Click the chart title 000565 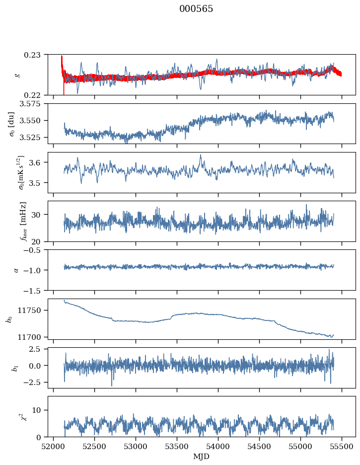(x=196, y=9)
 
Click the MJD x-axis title (x=202, y=457)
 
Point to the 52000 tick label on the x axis (x=53, y=447)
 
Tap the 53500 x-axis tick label (x=177, y=447)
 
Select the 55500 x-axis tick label (x=342, y=447)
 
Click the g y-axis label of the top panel (x=18, y=75)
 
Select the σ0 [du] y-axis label (x=11, y=124)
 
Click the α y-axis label (x=16, y=270)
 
